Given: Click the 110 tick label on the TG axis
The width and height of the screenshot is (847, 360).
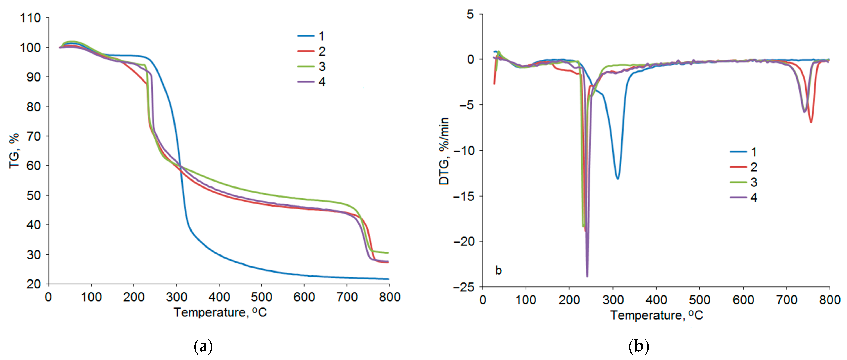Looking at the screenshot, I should coord(30,18).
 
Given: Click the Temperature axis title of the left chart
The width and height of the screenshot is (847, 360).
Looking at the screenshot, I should coord(220,312).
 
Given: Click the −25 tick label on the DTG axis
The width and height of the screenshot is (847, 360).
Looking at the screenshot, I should coord(464,287).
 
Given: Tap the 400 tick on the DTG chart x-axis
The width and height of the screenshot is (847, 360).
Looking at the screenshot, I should coord(656,300).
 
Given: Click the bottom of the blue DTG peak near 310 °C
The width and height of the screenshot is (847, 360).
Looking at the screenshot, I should coord(618,178).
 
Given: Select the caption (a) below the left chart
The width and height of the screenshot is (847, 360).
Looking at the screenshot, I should coord(203,346).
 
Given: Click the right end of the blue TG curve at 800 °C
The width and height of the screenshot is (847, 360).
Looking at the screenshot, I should coord(388,279).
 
